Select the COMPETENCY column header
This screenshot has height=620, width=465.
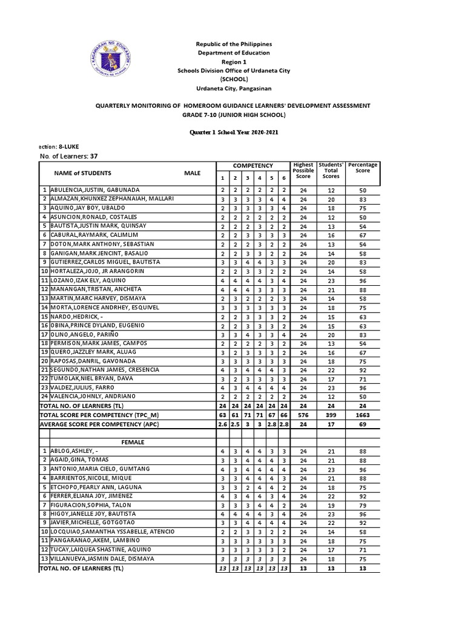pos(253,165)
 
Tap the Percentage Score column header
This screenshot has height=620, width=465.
pos(363,168)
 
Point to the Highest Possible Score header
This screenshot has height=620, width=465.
pos(303,170)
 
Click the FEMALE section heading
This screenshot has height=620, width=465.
pos(133,442)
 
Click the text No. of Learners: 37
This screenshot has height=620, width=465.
pos(68,156)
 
